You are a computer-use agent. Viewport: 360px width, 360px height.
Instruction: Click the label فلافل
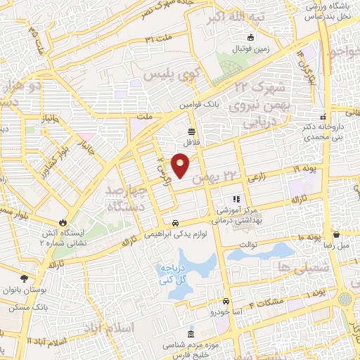click(193, 143)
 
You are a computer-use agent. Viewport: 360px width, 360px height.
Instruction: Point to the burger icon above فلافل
click(191, 131)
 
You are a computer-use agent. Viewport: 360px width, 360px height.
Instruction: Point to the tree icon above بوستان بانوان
click(23, 268)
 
